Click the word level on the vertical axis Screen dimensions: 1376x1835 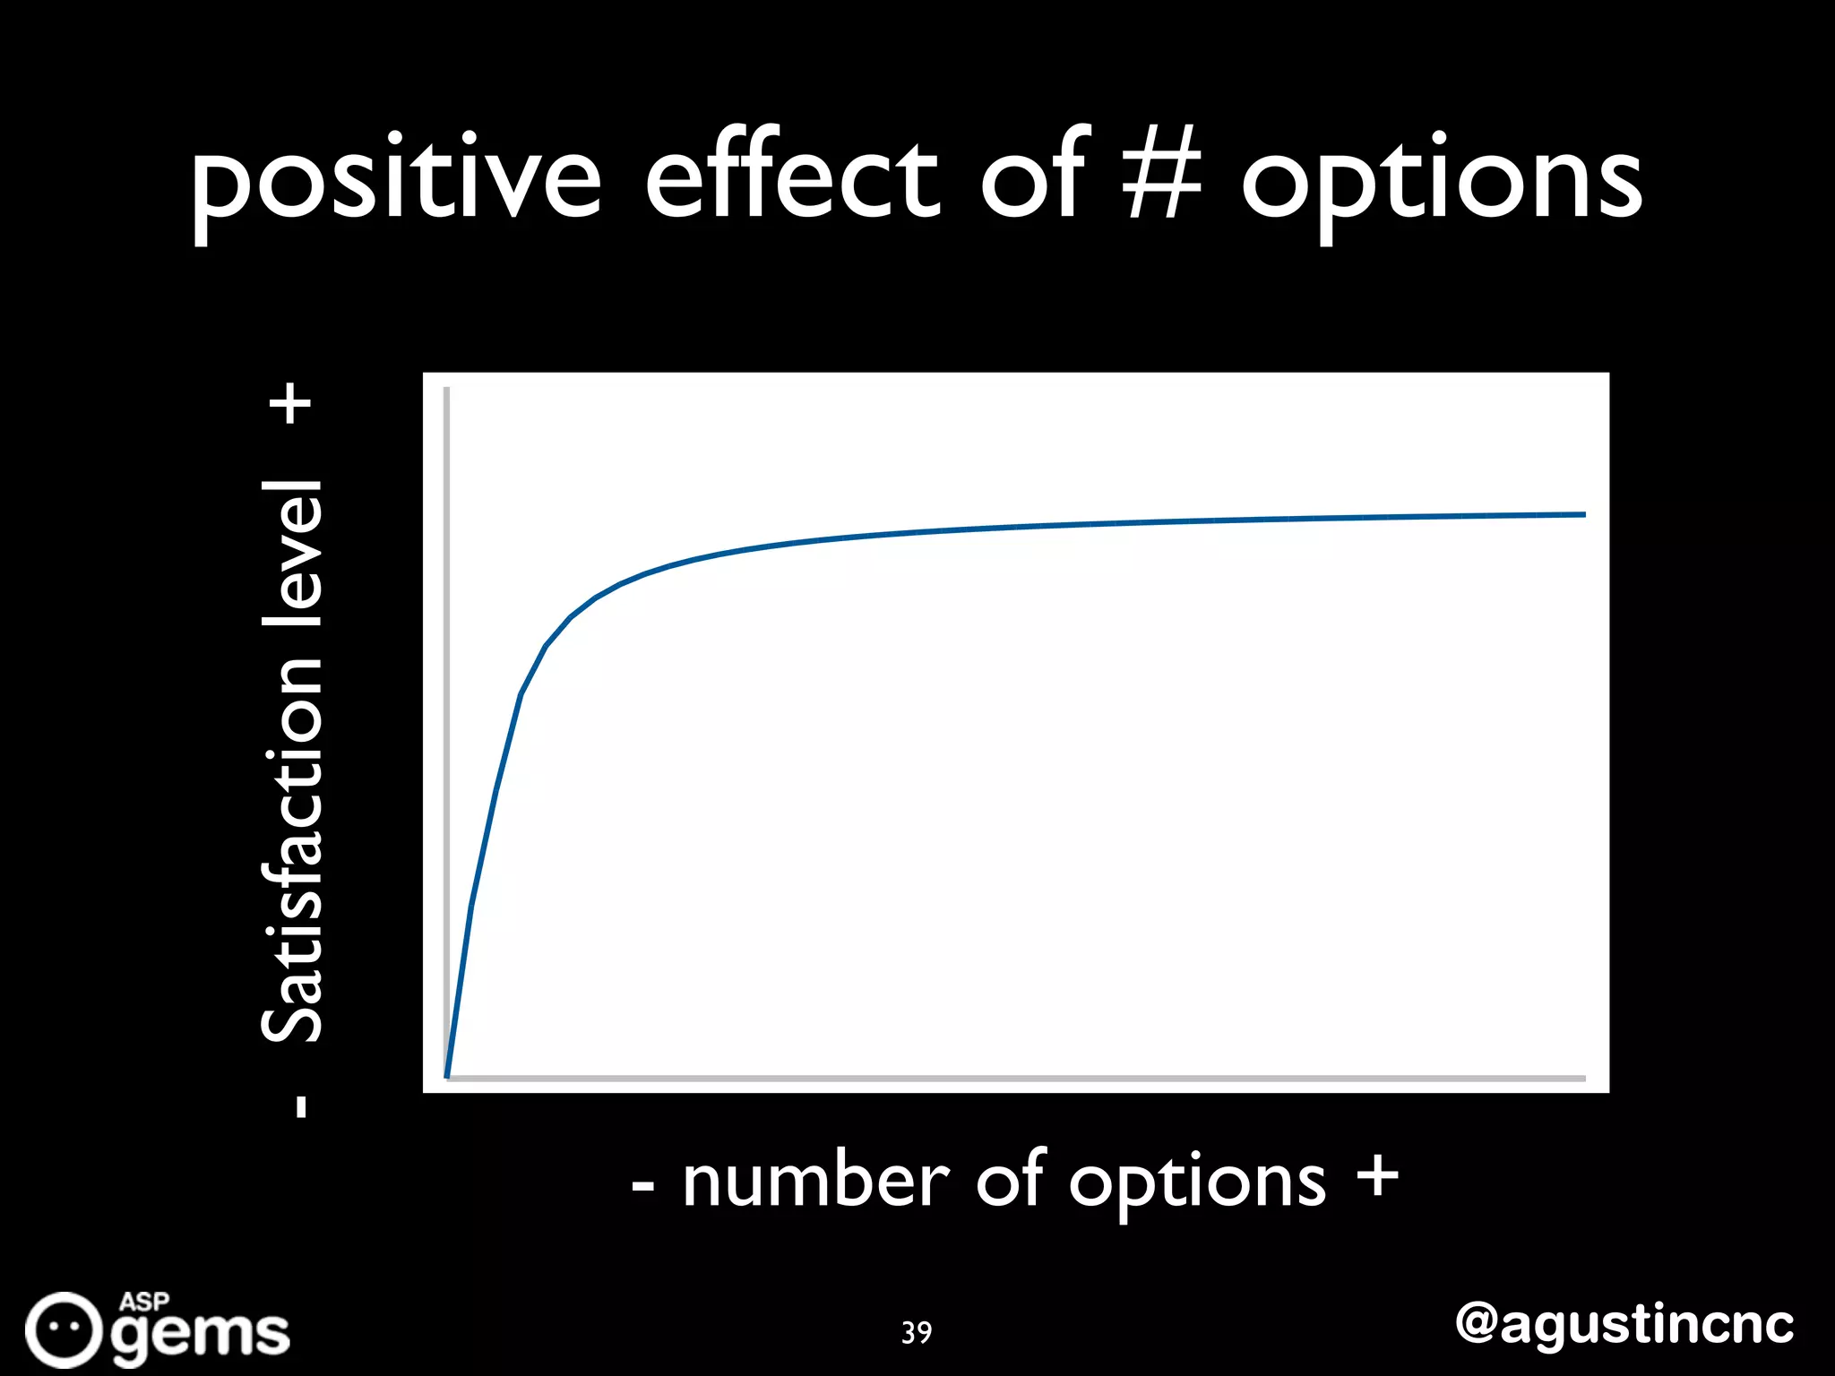[x=292, y=553]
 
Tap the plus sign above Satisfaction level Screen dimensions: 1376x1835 [x=293, y=404]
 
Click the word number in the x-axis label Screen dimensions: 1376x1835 [x=815, y=1182]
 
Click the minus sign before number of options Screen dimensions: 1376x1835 [x=643, y=1188]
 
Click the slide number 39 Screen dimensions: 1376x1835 [x=917, y=1332]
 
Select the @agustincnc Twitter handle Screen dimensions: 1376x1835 [x=1624, y=1324]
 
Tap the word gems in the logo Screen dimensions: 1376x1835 [x=202, y=1336]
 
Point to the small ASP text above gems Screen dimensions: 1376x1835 [x=144, y=1302]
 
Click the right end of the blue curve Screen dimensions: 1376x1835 [x=1582, y=515]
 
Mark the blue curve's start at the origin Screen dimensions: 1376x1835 [x=448, y=1075]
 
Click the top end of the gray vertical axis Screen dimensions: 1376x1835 [x=446, y=391]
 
